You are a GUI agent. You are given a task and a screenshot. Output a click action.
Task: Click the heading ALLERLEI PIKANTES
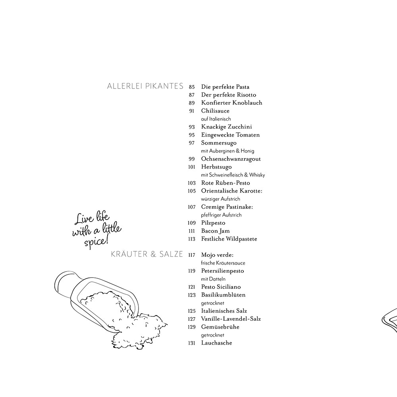click(x=145, y=86)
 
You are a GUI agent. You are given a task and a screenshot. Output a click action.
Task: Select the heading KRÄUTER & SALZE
click(x=147, y=254)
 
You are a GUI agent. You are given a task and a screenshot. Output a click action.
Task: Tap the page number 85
click(x=192, y=87)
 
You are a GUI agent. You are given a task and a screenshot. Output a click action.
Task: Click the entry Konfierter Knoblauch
click(x=232, y=102)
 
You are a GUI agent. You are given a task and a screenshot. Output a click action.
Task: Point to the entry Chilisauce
click(x=215, y=111)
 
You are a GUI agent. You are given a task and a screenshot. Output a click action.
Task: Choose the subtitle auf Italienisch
click(x=216, y=119)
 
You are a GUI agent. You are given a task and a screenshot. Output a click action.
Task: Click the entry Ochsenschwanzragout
click(x=231, y=159)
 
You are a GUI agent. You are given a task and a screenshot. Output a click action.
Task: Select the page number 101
click(x=192, y=167)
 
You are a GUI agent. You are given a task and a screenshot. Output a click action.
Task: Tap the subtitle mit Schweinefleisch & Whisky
click(x=233, y=175)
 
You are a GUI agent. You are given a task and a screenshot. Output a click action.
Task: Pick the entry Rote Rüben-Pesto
click(x=225, y=183)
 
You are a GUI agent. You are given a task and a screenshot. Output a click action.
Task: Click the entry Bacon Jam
click(x=216, y=231)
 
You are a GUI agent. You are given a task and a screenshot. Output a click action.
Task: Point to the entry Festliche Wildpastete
click(x=229, y=239)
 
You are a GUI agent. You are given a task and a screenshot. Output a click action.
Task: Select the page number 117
click(x=192, y=255)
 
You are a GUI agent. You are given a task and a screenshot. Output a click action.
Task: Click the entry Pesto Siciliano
click(x=221, y=287)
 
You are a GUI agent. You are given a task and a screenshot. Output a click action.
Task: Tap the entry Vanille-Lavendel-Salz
click(x=231, y=319)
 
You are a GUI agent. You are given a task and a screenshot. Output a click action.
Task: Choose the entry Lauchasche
click(x=216, y=343)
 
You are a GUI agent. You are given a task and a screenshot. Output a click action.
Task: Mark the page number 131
click(x=192, y=343)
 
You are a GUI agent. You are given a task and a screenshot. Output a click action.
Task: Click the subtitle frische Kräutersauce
click(x=223, y=263)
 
